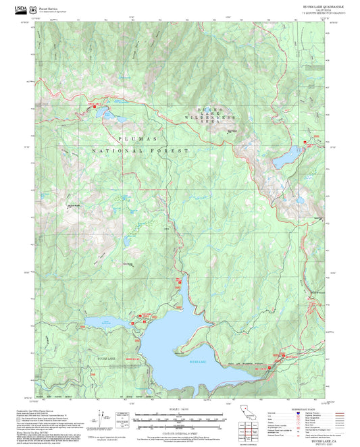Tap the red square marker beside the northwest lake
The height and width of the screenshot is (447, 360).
[95, 105]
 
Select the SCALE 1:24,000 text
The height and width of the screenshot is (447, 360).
[180, 409]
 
